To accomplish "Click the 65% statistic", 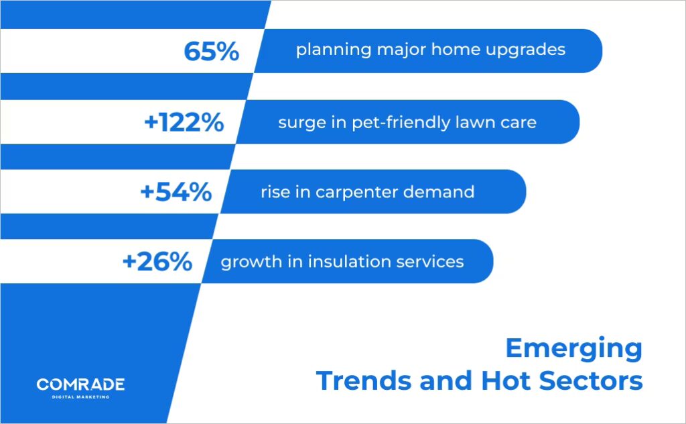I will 211,52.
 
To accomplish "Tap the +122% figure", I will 184,123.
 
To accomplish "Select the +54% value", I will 176,193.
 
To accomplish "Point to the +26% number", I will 157,262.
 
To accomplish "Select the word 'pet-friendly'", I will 396,123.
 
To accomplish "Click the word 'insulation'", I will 340,262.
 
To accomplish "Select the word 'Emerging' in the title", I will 573,350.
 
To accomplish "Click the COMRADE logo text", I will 80,385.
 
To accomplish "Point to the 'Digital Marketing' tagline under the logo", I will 80,397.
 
